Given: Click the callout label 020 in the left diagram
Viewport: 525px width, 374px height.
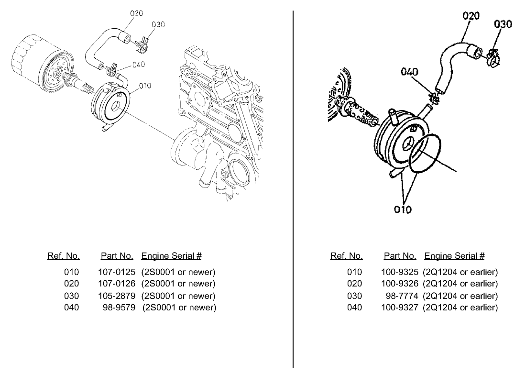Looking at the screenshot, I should pyautogui.click(x=136, y=13).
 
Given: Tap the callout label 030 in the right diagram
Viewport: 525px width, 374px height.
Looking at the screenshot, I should pyautogui.click(x=503, y=24).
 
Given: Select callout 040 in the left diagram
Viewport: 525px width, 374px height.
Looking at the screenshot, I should pyautogui.click(x=139, y=65).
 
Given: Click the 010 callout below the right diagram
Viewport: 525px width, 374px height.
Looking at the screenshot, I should pyautogui.click(x=403, y=209).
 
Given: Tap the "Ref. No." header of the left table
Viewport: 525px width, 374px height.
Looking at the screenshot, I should pyautogui.click(x=64, y=256).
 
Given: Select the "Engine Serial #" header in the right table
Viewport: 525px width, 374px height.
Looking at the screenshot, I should pyautogui.click(x=454, y=256).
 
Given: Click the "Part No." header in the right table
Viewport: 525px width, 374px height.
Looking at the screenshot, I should pyautogui.click(x=400, y=256).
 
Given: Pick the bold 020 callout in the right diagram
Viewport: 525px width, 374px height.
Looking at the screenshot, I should pyautogui.click(x=471, y=16).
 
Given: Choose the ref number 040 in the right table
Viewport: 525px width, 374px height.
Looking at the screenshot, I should pyautogui.click(x=354, y=307).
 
